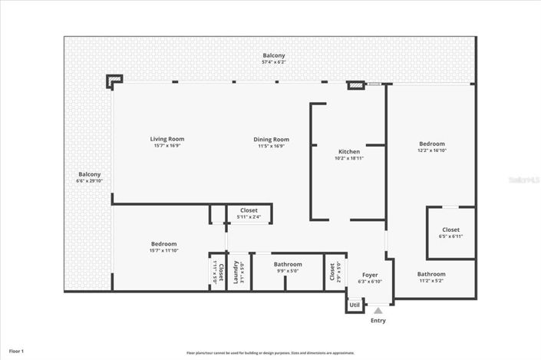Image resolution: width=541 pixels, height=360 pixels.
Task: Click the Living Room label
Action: (x=167, y=139)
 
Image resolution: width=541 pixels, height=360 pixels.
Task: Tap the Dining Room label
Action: (x=271, y=139)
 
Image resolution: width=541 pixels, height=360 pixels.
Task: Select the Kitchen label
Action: (x=349, y=151)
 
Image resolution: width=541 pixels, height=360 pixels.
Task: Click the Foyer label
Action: (x=370, y=274)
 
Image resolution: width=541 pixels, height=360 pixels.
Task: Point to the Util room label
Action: (x=355, y=305)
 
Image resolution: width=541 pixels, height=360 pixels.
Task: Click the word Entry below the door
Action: (x=378, y=320)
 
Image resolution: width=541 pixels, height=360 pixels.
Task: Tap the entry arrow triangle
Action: (x=378, y=310)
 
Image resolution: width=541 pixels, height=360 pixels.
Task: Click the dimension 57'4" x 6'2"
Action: (x=274, y=62)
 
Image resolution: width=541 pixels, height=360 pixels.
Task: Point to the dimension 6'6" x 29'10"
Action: (x=90, y=181)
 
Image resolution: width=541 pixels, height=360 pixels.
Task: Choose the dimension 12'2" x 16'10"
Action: (x=431, y=151)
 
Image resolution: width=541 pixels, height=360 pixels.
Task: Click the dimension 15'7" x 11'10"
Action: (x=163, y=250)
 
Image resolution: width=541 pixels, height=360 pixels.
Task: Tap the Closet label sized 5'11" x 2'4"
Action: (x=249, y=210)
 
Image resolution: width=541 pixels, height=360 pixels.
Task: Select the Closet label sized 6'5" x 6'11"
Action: (x=450, y=230)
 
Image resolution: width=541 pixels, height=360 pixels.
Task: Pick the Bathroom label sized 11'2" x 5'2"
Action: (x=431, y=274)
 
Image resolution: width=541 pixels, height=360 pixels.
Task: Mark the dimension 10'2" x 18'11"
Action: (x=349, y=158)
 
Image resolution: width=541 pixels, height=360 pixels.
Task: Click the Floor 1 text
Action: (x=16, y=351)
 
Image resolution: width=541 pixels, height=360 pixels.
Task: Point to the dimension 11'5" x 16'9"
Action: (x=271, y=146)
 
